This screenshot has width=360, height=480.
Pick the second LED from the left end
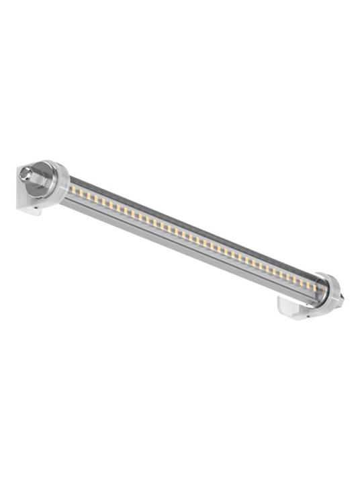[x=79, y=193]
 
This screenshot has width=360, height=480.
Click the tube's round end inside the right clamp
[x=322, y=292]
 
